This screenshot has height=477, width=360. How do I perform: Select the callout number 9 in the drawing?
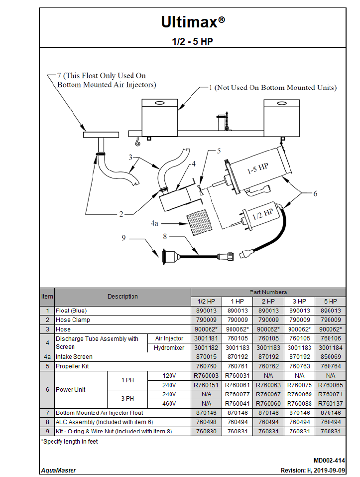pos(124,238)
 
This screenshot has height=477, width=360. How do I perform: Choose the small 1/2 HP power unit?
pos(261,216)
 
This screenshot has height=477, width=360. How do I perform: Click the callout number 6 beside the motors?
pos(315,194)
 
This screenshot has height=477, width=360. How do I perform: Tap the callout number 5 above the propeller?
pos(218,151)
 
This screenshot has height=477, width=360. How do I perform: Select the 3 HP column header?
pos(299,302)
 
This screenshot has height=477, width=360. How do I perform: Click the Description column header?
pos(122,297)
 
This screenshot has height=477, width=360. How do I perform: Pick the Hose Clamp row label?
pos(73,320)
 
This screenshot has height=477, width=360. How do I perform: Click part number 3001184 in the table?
pos(330,348)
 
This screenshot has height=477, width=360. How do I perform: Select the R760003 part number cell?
pos(206,375)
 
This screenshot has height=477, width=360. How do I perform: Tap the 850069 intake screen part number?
pos(330,357)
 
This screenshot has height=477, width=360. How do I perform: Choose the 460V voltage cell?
pos(169,403)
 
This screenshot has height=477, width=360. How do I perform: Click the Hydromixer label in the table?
pos(169,348)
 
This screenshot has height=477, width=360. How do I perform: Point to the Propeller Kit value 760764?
pos(330,366)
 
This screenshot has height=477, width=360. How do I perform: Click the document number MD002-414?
pos(329,461)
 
